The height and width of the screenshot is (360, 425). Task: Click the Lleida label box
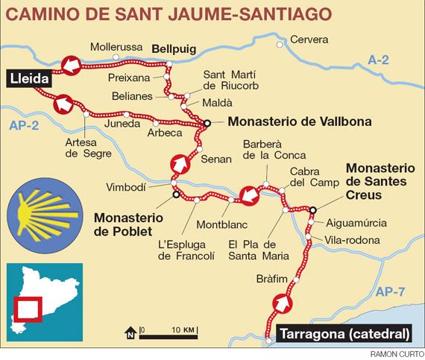click(28, 78)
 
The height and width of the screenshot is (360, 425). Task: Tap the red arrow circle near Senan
click(179, 162)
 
